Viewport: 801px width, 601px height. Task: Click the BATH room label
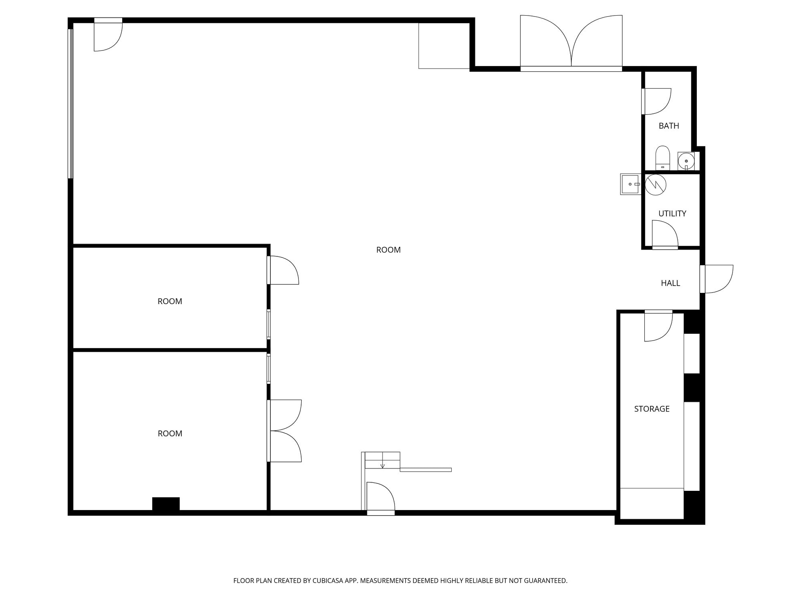pyautogui.click(x=668, y=126)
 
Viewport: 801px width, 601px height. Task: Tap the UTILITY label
pyautogui.click(x=672, y=214)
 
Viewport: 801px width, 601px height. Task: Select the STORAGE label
pyautogui.click(x=652, y=409)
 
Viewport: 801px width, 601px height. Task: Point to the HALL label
pyautogui.click(x=670, y=283)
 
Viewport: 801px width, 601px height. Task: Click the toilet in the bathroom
pyautogui.click(x=662, y=158)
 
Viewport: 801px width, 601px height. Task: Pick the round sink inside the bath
pyautogui.click(x=686, y=161)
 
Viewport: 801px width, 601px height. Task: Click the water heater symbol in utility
pyautogui.click(x=656, y=185)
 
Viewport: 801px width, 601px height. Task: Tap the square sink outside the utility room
pyautogui.click(x=630, y=184)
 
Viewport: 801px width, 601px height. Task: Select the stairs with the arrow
pyautogui.click(x=382, y=460)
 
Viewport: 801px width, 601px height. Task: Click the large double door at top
pyautogui.click(x=571, y=44)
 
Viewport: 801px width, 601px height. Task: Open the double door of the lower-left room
pyautogui.click(x=284, y=431)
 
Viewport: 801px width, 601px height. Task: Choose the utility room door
pyautogui.click(x=664, y=235)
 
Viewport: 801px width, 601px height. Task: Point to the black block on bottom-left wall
pyautogui.click(x=166, y=504)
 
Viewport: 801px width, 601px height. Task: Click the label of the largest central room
pyautogui.click(x=388, y=250)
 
